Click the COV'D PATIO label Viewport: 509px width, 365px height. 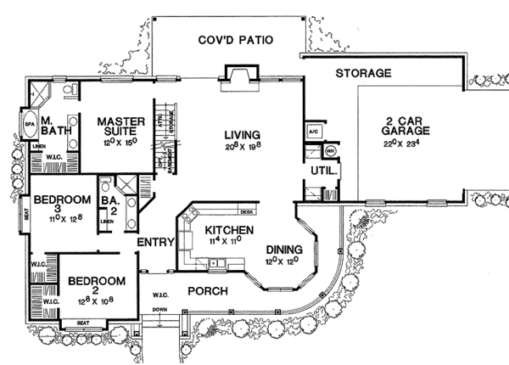[x=233, y=39]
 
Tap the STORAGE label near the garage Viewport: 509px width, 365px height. [x=362, y=74]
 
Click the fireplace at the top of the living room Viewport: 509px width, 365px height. [x=236, y=77]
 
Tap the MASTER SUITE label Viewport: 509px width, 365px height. [x=121, y=127]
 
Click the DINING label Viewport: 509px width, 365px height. [x=283, y=250]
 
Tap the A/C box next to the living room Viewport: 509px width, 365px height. [x=310, y=132]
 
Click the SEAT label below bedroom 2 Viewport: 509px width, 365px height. [x=82, y=323]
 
